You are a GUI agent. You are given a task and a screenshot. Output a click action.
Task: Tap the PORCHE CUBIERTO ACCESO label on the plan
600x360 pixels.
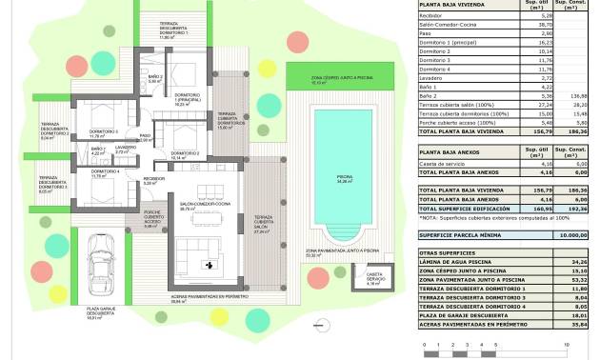tap(152, 218)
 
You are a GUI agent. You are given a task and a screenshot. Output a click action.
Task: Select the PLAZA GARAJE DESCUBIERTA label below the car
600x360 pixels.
tap(94, 311)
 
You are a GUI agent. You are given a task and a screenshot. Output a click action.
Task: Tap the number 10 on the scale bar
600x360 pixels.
tap(569, 343)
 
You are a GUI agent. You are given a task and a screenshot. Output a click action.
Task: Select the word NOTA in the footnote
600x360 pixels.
tap(429, 217)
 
